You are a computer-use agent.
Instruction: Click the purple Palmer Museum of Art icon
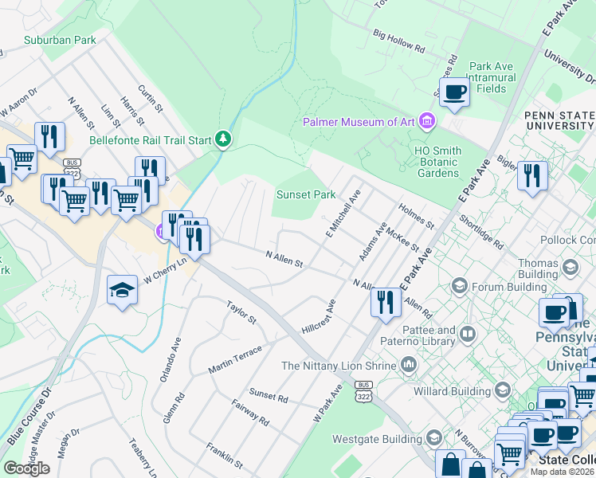tap(428, 121)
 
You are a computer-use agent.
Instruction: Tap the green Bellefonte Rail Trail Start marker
tap(224, 140)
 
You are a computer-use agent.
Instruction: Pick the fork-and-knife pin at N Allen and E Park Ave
tap(384, 302)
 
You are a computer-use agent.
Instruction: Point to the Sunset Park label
tap(305, 194)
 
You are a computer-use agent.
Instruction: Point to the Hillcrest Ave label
tap(320, 317)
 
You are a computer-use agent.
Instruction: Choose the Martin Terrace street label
tap(234, 359)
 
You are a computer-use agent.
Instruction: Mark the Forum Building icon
tap(459, 284)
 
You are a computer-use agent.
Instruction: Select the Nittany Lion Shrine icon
tap(408, 365)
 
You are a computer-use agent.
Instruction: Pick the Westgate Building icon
tap(433, 437)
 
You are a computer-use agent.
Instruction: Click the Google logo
tap(26, 468)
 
